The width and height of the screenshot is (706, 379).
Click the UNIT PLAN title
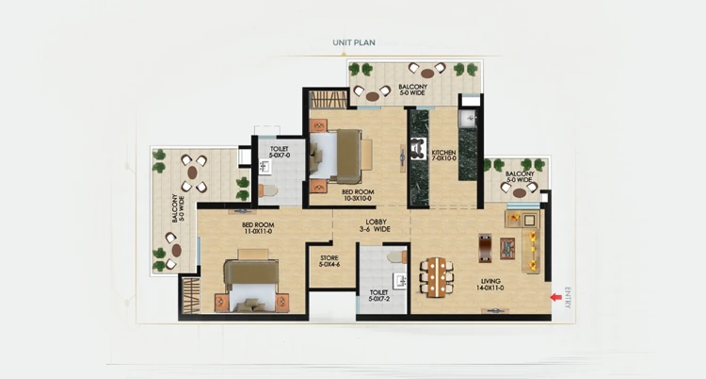(x=353, y=42)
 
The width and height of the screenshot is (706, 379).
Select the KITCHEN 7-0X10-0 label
(x=444, y=157)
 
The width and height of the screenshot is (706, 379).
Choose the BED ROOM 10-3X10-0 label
(x=358, y=195)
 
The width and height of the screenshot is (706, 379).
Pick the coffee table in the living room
(x=508, y=248)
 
